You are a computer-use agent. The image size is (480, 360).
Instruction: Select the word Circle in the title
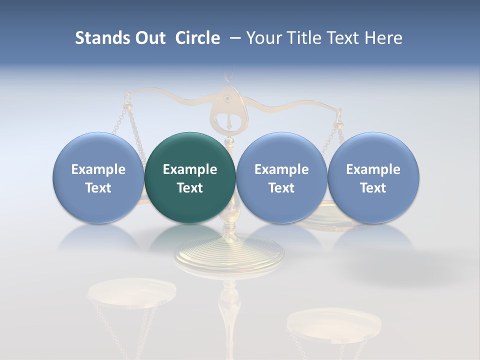pyautogui.click(x=197, y=38)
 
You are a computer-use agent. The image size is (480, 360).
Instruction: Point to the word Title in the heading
pyautogui.click(x=302, y=38)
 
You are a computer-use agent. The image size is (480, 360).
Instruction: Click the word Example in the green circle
pyautogui.click(x=190, y=169)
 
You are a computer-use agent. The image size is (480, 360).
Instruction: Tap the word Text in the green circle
pyautogui.click(x=190, y=188)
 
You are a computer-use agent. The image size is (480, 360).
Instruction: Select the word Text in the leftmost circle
pyautogui.click(x=98, y=188)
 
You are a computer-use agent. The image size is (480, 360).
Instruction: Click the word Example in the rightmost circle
pyautogui.click(x=373, y=169)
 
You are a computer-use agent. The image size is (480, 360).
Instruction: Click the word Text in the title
pyautogui.click(x=345, y=38)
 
